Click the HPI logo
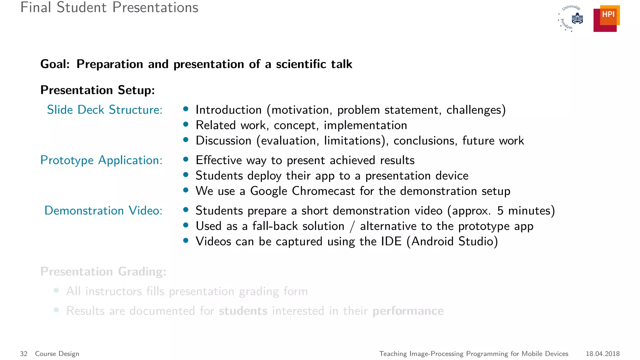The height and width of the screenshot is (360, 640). pos(606,18)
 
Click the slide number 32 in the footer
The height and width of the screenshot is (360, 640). pos(24,354)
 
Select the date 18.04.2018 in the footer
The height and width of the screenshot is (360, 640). pos(602,354)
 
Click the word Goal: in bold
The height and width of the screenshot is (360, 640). pos(55,64)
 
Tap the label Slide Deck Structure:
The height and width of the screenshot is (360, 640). pos(105,110)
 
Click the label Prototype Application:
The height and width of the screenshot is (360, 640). pos(101,160)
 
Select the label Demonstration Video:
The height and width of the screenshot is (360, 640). pos(103,211)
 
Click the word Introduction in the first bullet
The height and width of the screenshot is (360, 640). pos(228,110)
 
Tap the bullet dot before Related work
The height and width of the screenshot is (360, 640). pos(186,124)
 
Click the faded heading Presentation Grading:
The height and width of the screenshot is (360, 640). pos(103,272)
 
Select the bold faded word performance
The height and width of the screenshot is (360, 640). pos(408,311)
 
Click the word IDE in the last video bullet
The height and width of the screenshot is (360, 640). pos(391,241)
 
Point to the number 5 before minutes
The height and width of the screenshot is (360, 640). pos(500,211)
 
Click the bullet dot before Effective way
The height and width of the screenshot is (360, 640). pos(186,159)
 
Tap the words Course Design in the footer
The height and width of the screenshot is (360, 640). pos(57,354)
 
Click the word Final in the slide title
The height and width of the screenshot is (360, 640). pos(36,7)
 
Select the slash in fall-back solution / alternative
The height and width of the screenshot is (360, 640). pos(352,226)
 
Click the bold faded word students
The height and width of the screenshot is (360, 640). pos(243,311)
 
